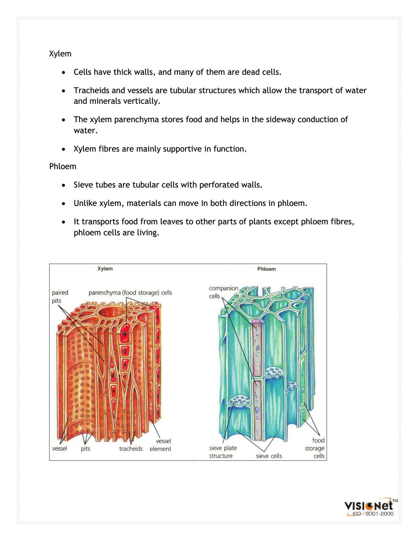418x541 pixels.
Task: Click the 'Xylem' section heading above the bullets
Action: click(x=60, y=54)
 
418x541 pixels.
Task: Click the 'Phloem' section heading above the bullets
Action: click(x=63, y=166)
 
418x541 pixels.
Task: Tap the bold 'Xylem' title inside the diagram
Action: click(x=105, y=268)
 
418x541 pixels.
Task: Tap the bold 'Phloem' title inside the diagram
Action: click(x=266, y=269)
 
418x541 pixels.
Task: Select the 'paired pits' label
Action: click(x=60, y=297)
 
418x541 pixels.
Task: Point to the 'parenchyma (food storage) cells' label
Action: click(x=130, y=293)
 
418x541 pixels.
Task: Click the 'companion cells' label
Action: click(x=223, y=292)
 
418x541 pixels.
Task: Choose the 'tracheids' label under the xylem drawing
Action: click(x=131, y=449)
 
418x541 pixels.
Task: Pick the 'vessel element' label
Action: click(x=161, y=445)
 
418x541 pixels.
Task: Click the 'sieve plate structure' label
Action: click(x=223, y=452)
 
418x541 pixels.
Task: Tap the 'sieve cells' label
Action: click(x=269, y=456)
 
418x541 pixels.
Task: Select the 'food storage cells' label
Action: click(x=315, y=448)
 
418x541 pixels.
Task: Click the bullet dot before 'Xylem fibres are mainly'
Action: click(x=64, y=149)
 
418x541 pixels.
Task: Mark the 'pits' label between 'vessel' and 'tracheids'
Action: click(x=85, y=449)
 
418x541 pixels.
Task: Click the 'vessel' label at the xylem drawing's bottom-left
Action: click(x=59, y=449)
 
